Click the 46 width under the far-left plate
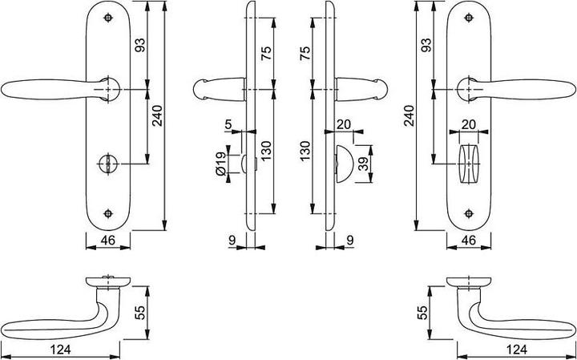(107, 240)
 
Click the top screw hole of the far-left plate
(107, 17)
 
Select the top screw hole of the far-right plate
(468, 17)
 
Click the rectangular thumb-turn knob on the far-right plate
(468, 163)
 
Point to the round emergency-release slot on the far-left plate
(107, 163)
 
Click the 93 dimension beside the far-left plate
(141, 47)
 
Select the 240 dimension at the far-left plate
(156, 118)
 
